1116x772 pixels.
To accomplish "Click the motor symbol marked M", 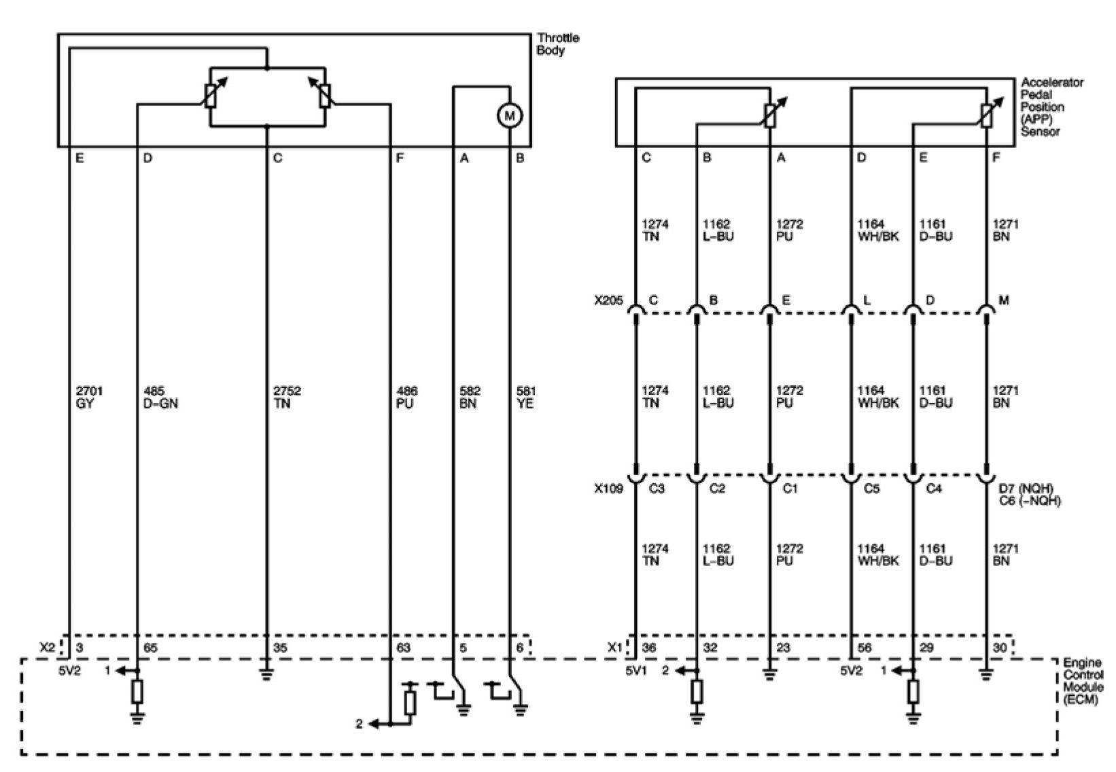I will [x=509, y=116].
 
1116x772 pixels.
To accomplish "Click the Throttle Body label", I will [x=557, y=44].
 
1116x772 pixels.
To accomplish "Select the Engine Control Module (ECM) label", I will [x=1083, y=681].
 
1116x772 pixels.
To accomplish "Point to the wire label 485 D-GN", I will [x=160, y=398].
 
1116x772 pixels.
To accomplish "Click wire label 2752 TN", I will [x=286, y=398].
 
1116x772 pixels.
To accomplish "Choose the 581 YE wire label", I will [x=525, y=398].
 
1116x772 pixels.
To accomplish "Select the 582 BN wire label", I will [x=470, y=398].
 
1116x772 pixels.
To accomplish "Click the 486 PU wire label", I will [x=406, y=398].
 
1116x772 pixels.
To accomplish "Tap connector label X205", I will [x=608, y=300].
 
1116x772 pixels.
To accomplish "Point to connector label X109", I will [x=608, y=488].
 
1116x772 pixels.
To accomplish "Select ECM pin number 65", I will [x=150, y=648].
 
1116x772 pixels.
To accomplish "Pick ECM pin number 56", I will [x=865, y=648].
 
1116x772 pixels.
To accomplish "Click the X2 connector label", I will [x=47, y=648].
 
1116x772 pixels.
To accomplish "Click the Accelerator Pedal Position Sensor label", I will [x=1051, y=107].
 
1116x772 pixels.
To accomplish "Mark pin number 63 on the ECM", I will [x=404, y=648].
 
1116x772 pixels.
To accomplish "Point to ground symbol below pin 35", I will [x=266, y=675].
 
